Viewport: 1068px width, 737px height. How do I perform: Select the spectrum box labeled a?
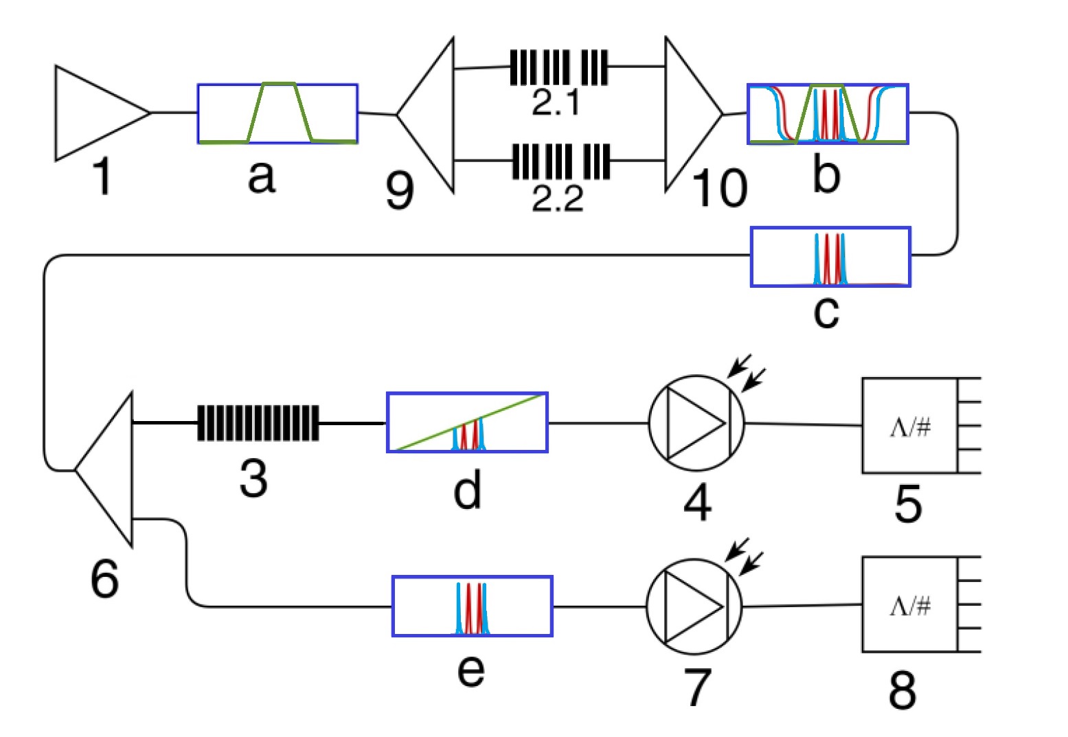pyautogui.click(x=277, y=114)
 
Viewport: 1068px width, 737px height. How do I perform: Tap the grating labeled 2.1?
pyautogui.click(x=558, y=67)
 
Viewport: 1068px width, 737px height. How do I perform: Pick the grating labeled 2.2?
pyautogui.click(x=561, y=161)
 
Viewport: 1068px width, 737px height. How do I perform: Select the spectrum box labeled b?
pyautogui.click(x=828, y=114)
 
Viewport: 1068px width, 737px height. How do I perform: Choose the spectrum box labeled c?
pyautogui.click(x=830, y=256)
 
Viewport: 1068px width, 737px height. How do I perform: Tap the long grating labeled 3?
pyautogui.click(x=258, y=422)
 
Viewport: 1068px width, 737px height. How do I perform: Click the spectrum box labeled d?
pyautogui.click(x=467, y=422)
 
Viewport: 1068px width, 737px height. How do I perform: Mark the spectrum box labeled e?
pyautogui.click(x=472, y=606)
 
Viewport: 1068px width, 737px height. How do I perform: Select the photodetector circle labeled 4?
pyautogui.click(x=696, y=423)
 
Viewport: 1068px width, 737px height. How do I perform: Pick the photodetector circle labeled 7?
pyautogui.click(x=694, y=606)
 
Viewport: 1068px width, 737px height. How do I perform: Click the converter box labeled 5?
pyautogui.click(x=909, y=426)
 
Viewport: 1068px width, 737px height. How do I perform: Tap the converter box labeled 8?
pyautogui.click(x=909, y=604)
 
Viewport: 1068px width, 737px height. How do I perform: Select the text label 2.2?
pyautogui.click(x=557, y=198)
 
